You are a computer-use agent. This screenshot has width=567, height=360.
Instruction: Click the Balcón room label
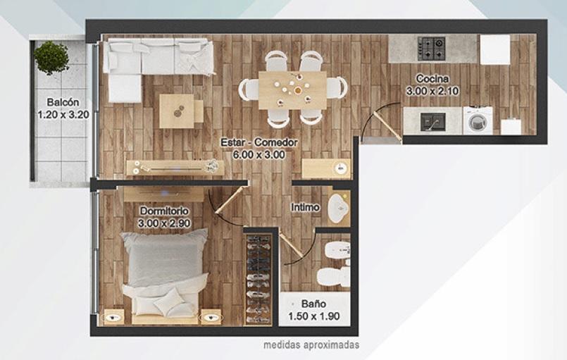pos(63,102)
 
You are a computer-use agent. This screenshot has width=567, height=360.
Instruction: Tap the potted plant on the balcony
pos(51,57)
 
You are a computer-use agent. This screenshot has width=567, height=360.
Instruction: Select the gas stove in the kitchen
pos(431,49)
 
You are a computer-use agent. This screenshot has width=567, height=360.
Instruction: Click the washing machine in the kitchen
pos(478,120)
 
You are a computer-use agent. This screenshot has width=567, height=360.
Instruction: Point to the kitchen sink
pos(432,122)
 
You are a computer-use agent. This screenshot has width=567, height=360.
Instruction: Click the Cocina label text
pos(432,78)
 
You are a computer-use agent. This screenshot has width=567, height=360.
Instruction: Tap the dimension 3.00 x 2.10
pos(432,91)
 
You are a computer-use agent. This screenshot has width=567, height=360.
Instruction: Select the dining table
pos(292,89)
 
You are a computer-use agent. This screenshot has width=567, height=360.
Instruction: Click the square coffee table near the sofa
pos(177,111)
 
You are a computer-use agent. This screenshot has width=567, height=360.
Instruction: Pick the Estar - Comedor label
pos(259,142)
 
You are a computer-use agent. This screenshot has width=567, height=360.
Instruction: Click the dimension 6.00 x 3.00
pos(259,155)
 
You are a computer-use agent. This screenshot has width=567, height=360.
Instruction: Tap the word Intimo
pos(305,207)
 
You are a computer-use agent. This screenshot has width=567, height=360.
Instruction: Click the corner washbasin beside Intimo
pos(339,208)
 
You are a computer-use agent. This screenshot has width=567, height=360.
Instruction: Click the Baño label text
pos(314,304)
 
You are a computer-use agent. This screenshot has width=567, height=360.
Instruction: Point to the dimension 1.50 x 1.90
pos(314,316)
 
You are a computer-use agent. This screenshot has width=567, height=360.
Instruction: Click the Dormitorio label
pos(164,211)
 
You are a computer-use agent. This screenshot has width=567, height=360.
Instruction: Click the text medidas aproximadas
pos(311,345)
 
